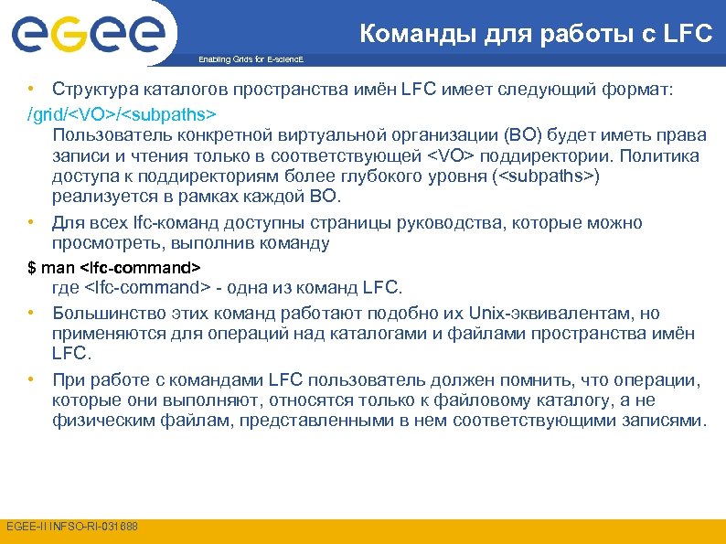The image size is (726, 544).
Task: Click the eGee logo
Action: pos(88,34)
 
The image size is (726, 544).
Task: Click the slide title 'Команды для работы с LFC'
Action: pos(535,35)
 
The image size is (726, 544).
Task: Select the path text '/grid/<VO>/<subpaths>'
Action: pos(123,115)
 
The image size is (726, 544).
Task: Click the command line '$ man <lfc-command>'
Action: pos(113,268)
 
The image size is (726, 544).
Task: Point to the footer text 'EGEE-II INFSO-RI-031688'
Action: pos(72,527)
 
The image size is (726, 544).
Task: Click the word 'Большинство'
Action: pos(105,314)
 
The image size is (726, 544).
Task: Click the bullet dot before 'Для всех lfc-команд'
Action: pos(31,222)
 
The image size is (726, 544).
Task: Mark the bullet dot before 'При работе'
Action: pos(31,379)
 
